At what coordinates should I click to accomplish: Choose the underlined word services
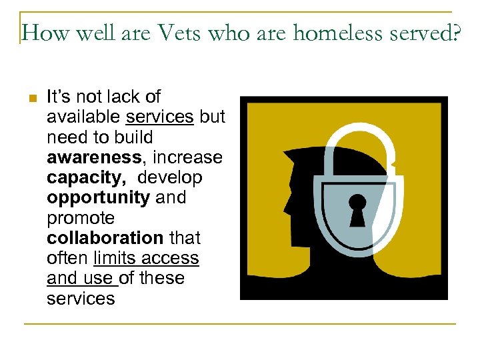(159, 117)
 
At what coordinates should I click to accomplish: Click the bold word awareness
(93, 157)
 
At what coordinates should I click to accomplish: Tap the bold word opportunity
(98, 197)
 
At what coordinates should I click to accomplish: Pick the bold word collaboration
(105, 237)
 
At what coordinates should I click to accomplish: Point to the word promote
(81, 217)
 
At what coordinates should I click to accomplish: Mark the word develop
(171, 177)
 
